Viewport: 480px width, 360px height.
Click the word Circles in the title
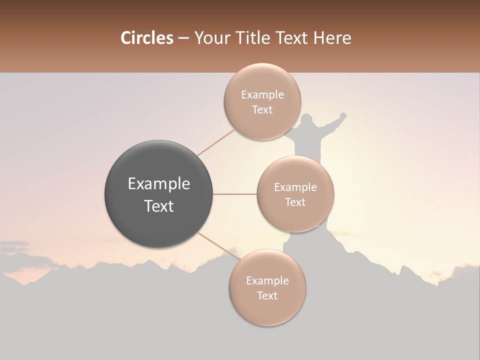pyautogui.click(x=146, y=38)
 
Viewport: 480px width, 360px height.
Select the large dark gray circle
pyautogui.click(x=158, y=194)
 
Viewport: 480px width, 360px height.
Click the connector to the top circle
pyautogui.click(x=215, y=142)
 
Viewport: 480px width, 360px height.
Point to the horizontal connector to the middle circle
pyautogui.click(x=235, y=194)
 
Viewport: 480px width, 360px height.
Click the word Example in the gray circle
pyautogui.click(x=159, y=184)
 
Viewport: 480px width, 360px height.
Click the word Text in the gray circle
pyautogui.click(x=159, y=206)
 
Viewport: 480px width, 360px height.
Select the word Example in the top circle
pyautogui.click(x=262, y=95)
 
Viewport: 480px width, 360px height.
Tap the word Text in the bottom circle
pyautogui.click(x=267, y=296)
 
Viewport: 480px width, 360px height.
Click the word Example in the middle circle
pyautogui.click(x=295, y=187)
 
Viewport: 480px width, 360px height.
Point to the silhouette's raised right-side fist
pyautogui.click(x=343, y=115)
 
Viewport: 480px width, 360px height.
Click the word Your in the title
pyautogui.click(x=210, y=38)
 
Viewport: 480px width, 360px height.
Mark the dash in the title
pyautogui.click(x=183, y=38)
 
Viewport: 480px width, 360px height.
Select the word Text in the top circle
pyautogui.click(x=262, y=110)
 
